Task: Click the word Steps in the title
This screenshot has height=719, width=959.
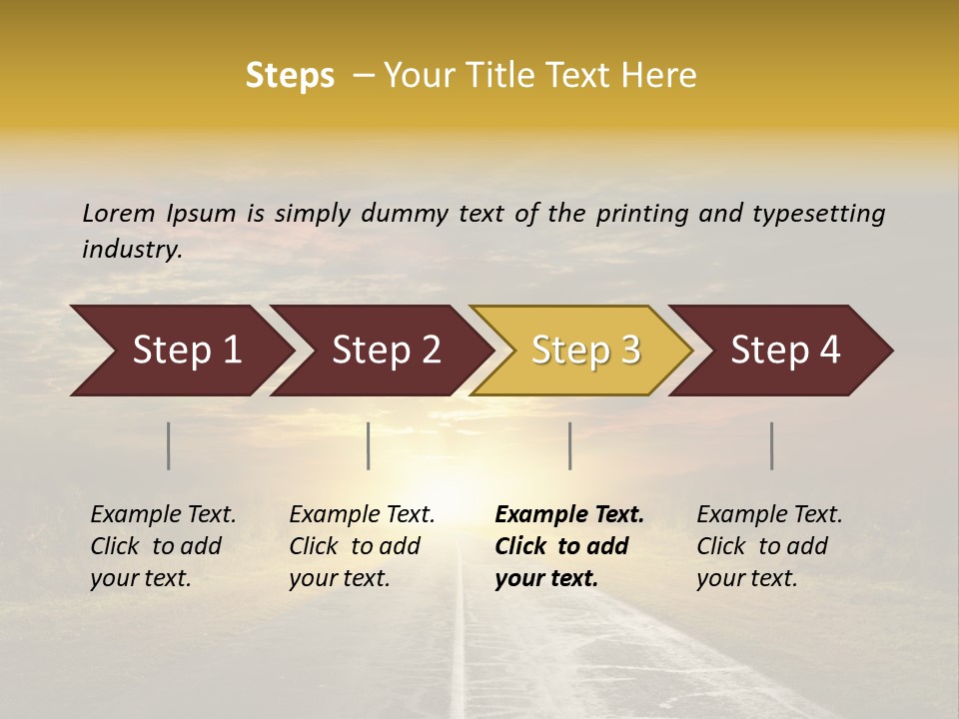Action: coord(290,76)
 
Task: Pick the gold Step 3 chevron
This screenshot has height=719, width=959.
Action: coord(585,351)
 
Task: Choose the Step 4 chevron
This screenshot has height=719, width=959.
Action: coord(785,351)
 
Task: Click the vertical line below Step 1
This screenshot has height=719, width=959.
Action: coord(169,445)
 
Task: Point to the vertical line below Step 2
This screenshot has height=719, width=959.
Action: coord(369,445)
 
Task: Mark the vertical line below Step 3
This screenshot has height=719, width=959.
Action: coord(570,445)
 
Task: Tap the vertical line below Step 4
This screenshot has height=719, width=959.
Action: coord(772,445)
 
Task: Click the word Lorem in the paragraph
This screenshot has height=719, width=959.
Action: coord(119,213)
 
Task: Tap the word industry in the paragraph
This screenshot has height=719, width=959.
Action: coord(131,249)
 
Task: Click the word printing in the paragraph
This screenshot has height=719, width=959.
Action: coord(638,214)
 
